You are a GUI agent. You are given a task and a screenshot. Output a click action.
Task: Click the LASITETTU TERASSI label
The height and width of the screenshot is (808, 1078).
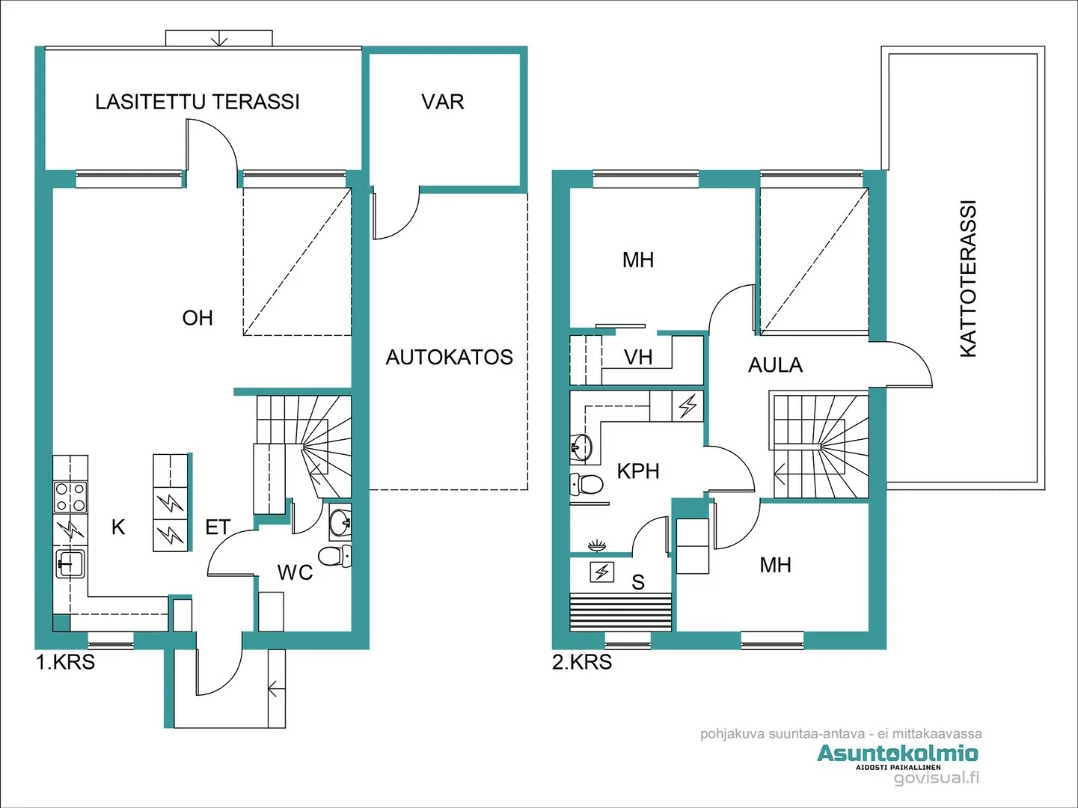(x=197, y=102)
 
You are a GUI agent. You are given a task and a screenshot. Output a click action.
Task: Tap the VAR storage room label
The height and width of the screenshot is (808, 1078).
(x=442, y=102)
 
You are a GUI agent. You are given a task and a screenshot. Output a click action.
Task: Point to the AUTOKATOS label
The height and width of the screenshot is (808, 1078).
(x=449, y=358)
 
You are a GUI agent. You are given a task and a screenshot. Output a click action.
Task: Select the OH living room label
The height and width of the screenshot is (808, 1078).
(x=197, y=318)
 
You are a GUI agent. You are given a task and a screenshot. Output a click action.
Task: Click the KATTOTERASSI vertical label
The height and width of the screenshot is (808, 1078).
(x=968, y=279)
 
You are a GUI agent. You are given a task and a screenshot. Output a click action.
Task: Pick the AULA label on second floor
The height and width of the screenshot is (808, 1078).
(x=775, y=365)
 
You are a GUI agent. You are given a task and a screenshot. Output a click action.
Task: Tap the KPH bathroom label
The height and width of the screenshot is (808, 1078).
(x=638, y=471)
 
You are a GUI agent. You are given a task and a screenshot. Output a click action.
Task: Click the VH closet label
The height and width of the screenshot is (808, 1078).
(x=638, y=358)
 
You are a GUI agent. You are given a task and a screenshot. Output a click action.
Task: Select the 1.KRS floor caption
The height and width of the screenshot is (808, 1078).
(x=66, y=662)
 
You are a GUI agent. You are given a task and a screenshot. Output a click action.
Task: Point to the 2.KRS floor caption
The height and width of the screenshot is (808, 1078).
(x=582, y=662)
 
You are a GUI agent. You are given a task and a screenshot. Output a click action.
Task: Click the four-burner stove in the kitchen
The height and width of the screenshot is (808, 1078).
(x=70, y=497)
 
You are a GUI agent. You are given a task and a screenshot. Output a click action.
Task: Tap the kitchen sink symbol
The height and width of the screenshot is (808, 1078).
(x=70, y=563)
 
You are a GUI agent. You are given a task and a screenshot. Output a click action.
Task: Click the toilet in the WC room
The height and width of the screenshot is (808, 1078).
(x=334, y=556)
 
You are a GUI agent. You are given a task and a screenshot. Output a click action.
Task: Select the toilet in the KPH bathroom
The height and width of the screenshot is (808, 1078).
(x=587, y=484)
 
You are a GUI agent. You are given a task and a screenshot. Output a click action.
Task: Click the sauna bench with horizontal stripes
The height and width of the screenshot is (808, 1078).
(x=621, y=612)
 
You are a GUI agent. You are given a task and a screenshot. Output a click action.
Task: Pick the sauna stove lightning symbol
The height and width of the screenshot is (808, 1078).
(x=601, y=572)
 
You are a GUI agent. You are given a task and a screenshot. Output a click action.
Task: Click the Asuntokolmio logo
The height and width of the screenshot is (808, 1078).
(x=897, y=753)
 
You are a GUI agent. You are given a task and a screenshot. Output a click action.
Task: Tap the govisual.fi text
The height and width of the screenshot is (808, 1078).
(x=936, y=778)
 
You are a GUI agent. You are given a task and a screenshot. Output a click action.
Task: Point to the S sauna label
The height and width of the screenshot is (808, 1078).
(x=638, y=582)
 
